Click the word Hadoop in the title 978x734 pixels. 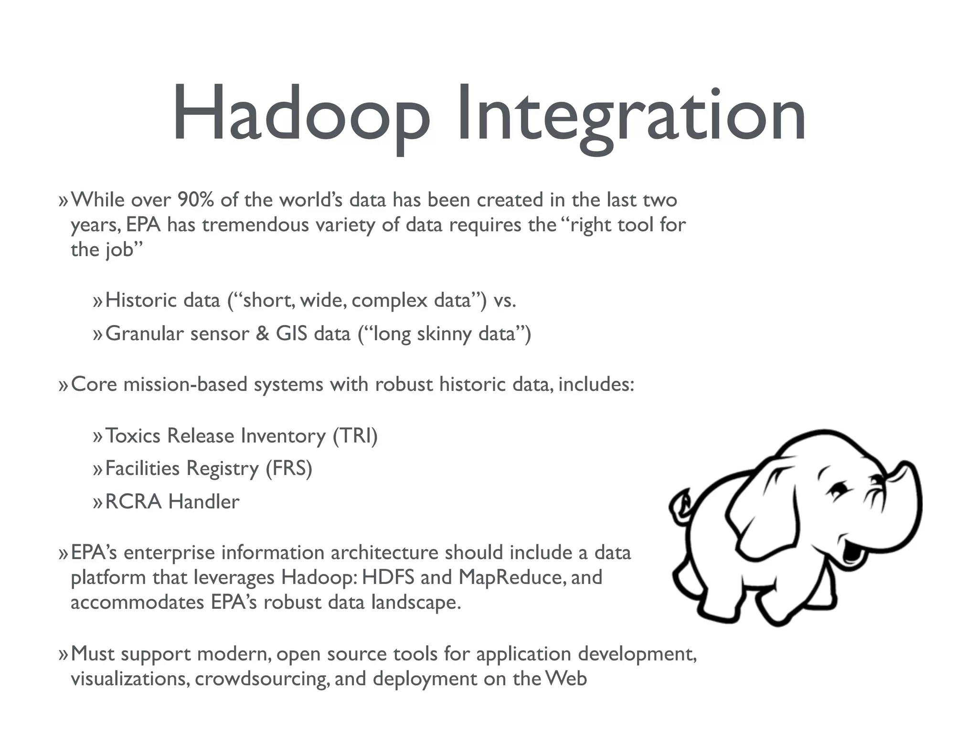click(301, 115)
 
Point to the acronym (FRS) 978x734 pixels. click(289, 468)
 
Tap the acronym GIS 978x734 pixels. click(291, 334)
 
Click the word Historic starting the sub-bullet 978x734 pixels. click(141, 301)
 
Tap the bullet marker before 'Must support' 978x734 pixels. click(64, 655)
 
